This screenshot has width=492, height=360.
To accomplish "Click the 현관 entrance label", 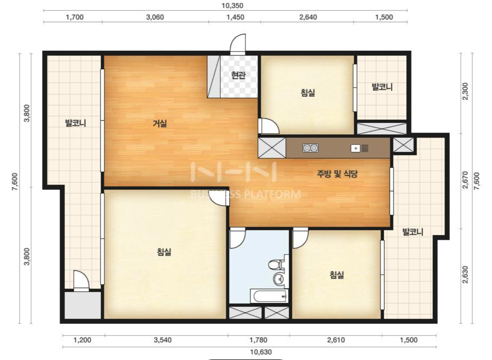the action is tap(238, 75).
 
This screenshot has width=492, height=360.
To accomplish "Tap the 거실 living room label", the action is tap(160, 123).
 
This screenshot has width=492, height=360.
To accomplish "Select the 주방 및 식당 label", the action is tap(337, 174).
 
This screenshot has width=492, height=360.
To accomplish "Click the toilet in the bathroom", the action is tap(276, 265).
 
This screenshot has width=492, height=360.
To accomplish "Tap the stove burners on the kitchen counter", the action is tap(310, 148).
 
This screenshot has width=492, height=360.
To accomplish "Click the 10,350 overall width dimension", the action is tap(232, 5).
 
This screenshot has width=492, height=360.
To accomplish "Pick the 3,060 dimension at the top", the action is tap(155, 17).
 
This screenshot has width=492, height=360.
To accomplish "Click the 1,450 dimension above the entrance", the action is tap(235, 17).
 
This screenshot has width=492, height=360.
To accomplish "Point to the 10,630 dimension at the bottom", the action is tap(261, 352).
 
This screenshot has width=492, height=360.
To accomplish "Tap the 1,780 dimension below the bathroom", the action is tap(259, 340).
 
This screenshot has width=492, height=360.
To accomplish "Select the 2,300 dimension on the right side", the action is tap(465, 91).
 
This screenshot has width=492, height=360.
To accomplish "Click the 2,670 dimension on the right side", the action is tap(465, 180).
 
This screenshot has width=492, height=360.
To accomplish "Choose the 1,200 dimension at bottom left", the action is tap(82, 340).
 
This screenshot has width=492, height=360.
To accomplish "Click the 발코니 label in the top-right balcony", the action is tap(382, 87).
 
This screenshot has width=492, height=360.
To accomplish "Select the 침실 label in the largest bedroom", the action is tap(164, 252).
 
